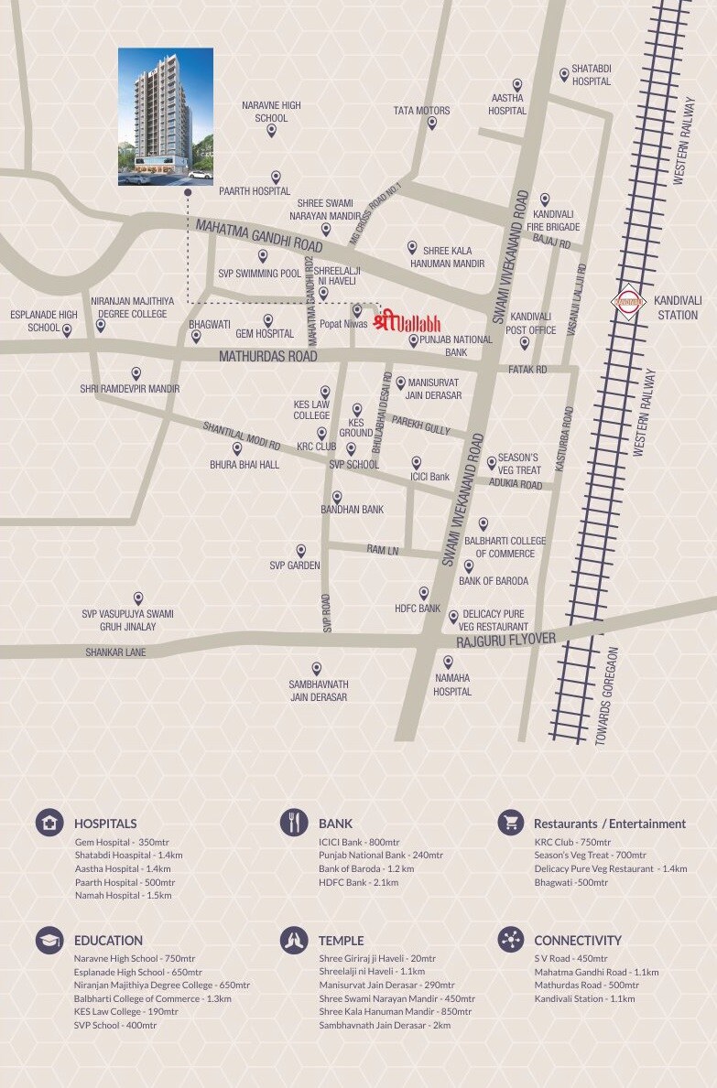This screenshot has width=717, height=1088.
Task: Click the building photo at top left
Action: [166, 116]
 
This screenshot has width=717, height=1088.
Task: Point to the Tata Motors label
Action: [421, 111]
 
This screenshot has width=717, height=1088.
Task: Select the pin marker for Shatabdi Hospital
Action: [564, 74]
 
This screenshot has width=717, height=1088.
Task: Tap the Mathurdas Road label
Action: [267, 356]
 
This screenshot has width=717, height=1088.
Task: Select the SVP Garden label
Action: [295, 566]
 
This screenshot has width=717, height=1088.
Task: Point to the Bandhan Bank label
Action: [352, 510]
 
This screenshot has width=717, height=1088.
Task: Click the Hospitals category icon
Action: [49, 822]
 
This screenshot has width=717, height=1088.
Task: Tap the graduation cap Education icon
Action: [49, 939]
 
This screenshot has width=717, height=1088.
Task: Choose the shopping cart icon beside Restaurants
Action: [511, 822]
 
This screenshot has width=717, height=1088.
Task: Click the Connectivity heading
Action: [577, 940]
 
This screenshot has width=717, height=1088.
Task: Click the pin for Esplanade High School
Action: [67, 330]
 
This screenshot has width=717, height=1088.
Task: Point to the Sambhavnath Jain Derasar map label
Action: [319, 690]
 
